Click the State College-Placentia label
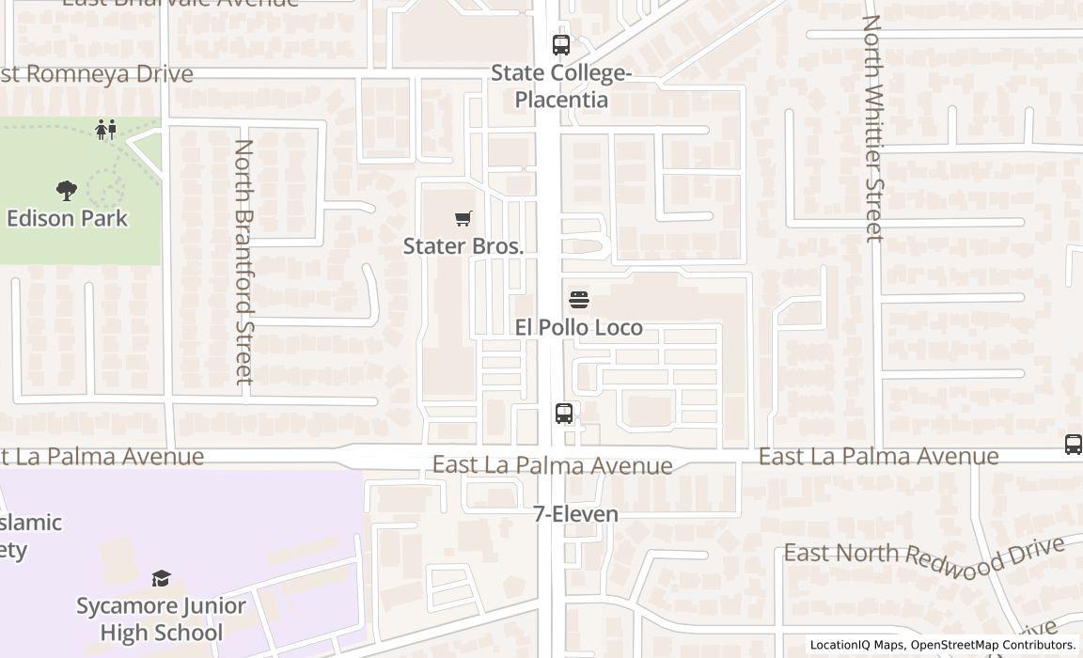coord(561,86)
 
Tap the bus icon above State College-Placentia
coord(561,44)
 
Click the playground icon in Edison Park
coord(106,130)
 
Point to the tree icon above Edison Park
coord(66,191)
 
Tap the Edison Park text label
coord(67,218)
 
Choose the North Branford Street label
coord(243,261)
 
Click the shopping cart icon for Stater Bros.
coord(463,219)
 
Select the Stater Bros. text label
coord(463,246)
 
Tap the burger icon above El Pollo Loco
coord(579,300)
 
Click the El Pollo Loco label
coord(579,327)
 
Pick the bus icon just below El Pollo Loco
coord(564,413)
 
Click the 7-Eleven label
coord(576,514)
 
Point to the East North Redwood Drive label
coord(925,558)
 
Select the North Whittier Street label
coord(872,128)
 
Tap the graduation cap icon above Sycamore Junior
coord(162,578)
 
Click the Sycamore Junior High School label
coord(162,619)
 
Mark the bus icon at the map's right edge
coord(1073,445)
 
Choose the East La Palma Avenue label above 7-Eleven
coord(552,465)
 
